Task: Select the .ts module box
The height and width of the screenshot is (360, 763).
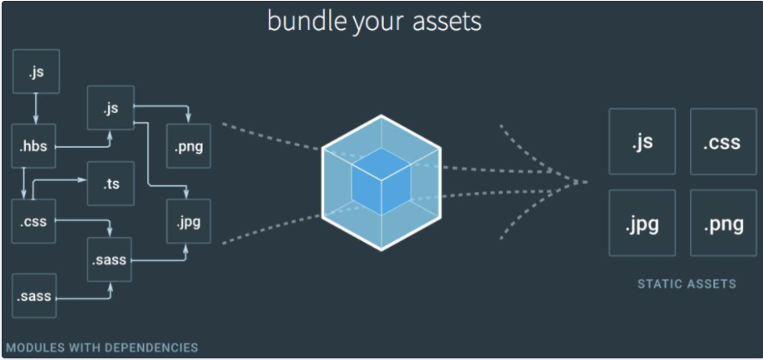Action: [111, 183]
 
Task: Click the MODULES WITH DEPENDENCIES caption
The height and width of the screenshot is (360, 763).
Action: [101, 347]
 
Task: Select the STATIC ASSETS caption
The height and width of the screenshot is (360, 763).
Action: [687, 284]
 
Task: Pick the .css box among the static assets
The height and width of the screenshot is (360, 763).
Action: [722, 141]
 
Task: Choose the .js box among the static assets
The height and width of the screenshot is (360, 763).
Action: [642, 141]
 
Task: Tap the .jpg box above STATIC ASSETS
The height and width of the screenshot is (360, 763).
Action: [642, 223]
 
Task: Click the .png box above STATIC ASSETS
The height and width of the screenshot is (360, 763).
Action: [722, 223]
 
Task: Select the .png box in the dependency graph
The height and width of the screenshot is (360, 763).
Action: [189, 147]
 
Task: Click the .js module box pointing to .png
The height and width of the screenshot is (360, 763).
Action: [111, 108]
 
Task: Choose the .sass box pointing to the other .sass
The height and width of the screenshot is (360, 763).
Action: [34, 296]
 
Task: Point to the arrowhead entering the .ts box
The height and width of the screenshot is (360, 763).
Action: [85, 179]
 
